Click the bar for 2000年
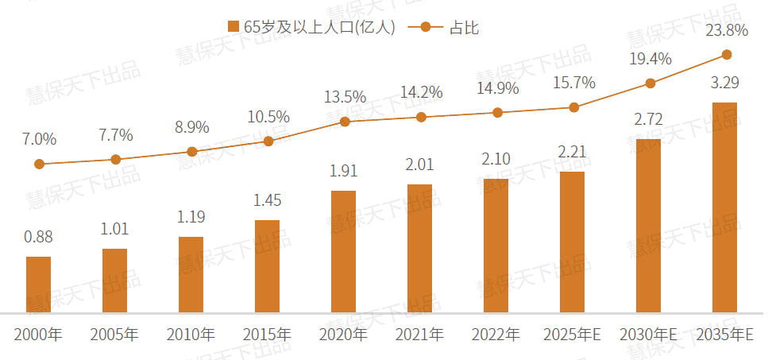tap(38, 284)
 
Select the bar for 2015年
tap(267, 265)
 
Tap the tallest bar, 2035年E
tap(724, 207)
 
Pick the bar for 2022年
tap(496, 245)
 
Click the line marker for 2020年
tap(345, 122)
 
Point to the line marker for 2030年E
tap(650, 83)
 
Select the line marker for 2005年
tap(116, 160)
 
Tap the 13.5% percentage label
tap(345, 97)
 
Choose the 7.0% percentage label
tap(39, 139)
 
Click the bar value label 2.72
tap(648, 120)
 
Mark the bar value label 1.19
tap(191, 216)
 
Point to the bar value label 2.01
tap(419, 165)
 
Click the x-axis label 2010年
tap(191, 335)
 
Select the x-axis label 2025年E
tap(572, 335)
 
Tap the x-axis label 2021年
tap(419, 335)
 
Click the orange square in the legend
tap(233, 27)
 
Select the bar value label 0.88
tap(38, 237)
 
